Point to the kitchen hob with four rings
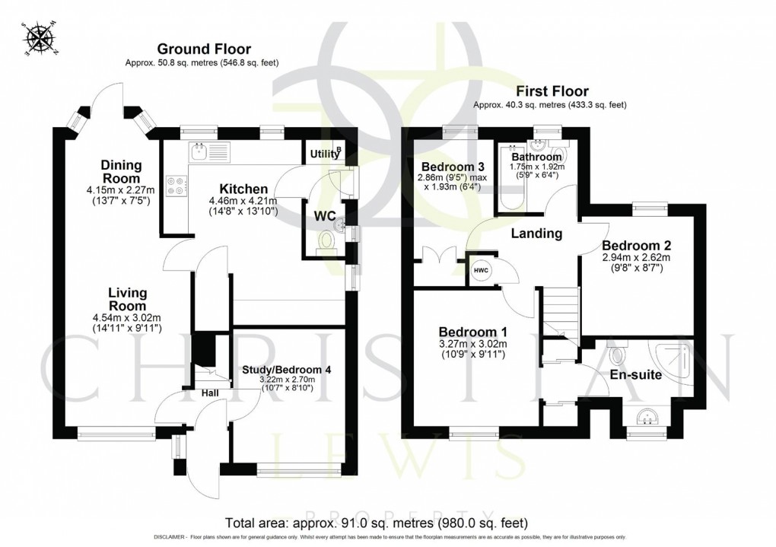pyautogui.click(x=177, y=186)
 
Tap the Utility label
pyautogui.click(x=325, y=154)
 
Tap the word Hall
pyautogui.click(x=211, y=394)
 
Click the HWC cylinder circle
pyautogui.click(x=481, y=271)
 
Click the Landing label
pyautogui.click(x=536, y=234)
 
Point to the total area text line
pyautogui.click(x=376, y=523)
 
